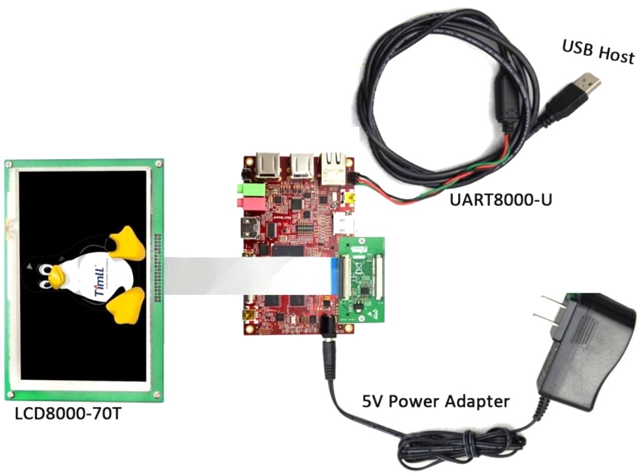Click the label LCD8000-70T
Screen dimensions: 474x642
(x=66, y=414)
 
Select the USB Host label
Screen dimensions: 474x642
(x=598, y=52)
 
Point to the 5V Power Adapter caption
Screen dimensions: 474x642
(x=435, y=401)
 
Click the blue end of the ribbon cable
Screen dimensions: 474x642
(x=334, y=278)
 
